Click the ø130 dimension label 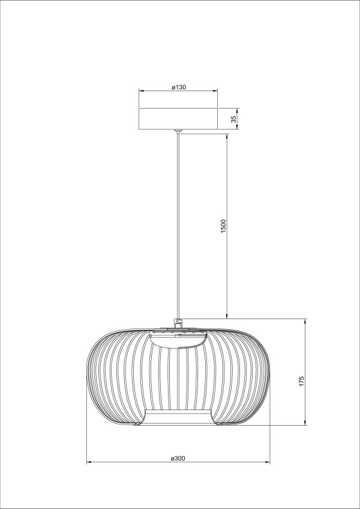tap(178, 88)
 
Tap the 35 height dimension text tap(233, 119)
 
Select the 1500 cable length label tap(223, 226)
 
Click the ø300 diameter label tap(178, 459)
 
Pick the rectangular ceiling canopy tap(178, 118)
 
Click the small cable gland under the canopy tap(177, 131)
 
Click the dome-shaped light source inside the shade tap(178, 341)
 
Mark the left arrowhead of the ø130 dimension tap(141, 91)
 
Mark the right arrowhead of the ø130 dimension tap(215, 91)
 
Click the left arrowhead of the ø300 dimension tap(89, 462)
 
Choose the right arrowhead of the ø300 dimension tap(268, 462)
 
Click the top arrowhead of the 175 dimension tap(305, 321)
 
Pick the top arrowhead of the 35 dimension tap(236, 110)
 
